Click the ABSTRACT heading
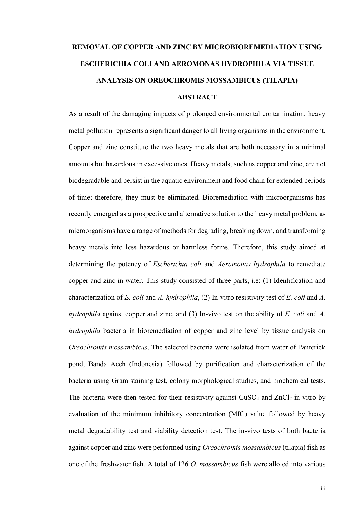click(x=197, y=97)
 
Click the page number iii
click(x=323, y=489)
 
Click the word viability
click(x=164, y=431)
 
